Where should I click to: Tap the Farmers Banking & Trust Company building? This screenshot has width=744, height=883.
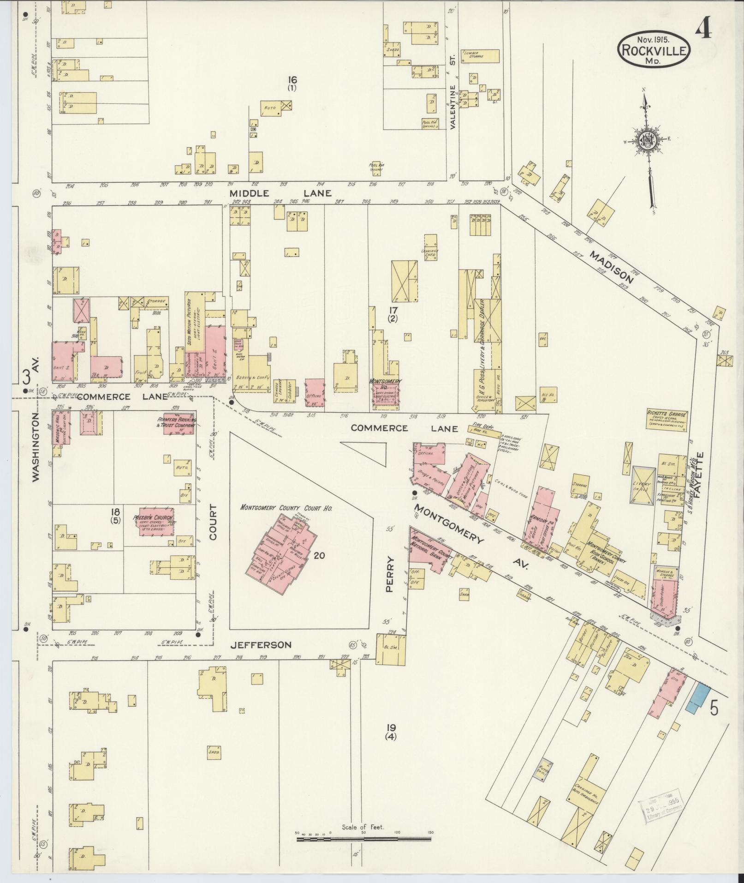pyautogui.click(x=177, y=423)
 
